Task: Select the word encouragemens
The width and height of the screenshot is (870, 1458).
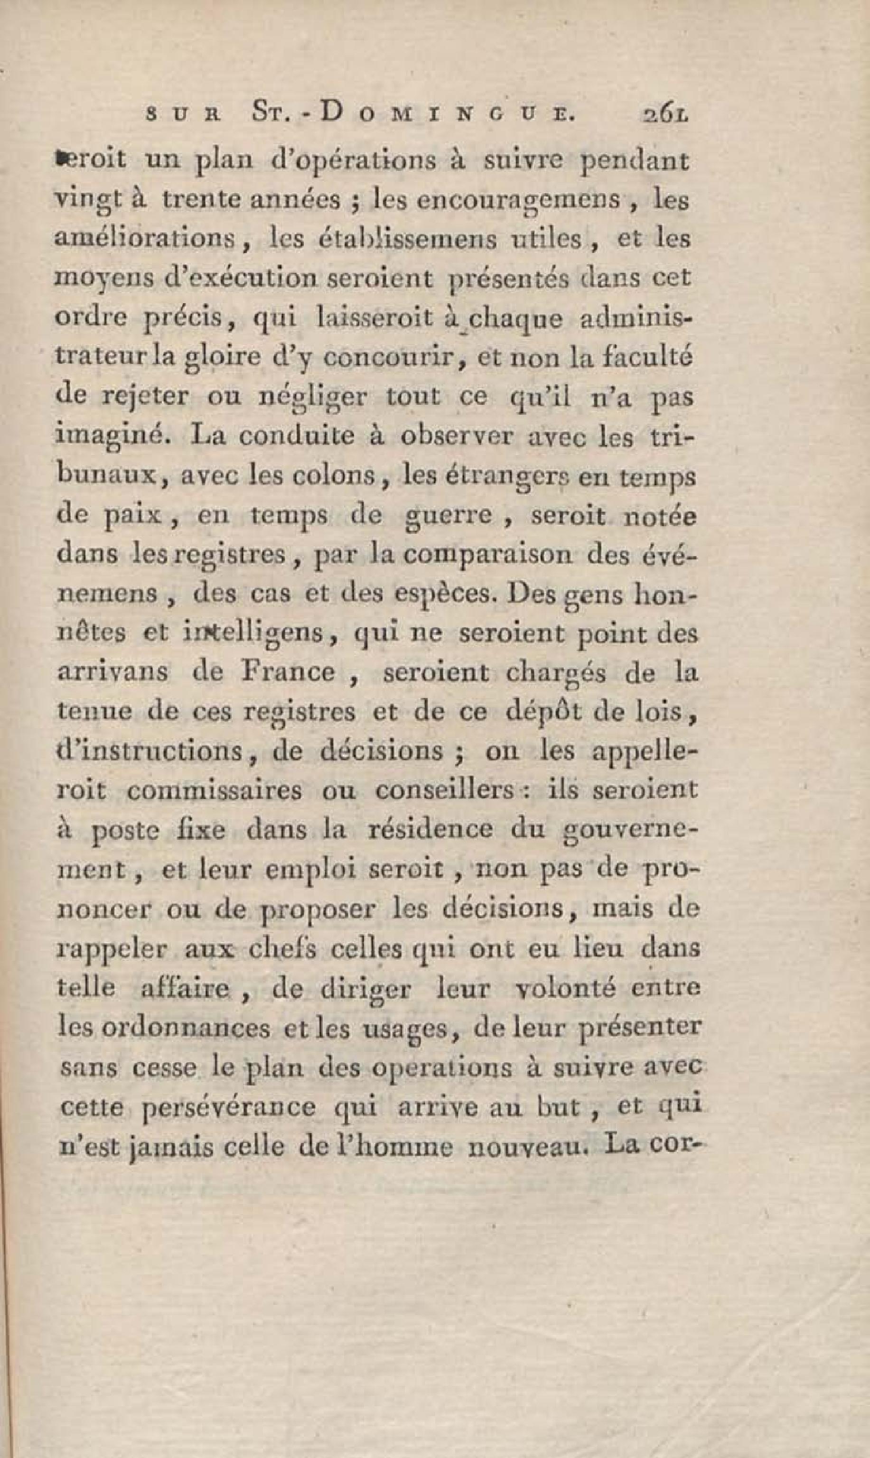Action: tap(518, 202)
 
